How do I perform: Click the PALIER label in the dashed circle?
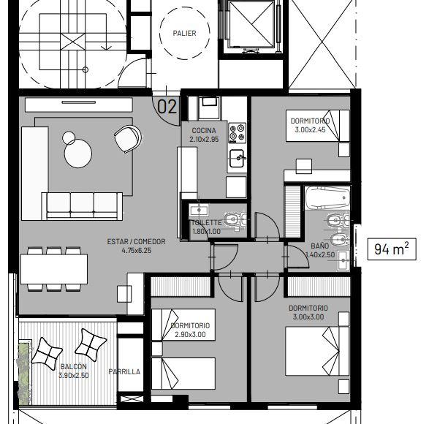coord(184,34)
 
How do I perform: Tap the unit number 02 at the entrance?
coord(167,107)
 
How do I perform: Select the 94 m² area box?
coord(392,249)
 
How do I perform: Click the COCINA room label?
coord(204,131)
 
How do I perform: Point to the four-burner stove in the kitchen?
coord(238,133)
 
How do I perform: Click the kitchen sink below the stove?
coord(237,158)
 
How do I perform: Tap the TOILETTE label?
coord(207,223)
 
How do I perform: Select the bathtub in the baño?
coord(327,197)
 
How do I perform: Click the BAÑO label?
coord(320,246)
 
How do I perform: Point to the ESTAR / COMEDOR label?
coord(136,242)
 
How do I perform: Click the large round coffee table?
coord(78,154)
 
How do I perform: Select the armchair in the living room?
coord(128,139)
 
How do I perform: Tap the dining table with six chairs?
coord(54,269)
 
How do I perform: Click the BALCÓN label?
coord(74,366)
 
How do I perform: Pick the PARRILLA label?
coord(124,371)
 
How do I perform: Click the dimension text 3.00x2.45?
coord(311,129)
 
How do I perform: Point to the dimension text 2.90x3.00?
coord(190,334)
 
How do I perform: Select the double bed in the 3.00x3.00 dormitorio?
coord(317,351)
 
